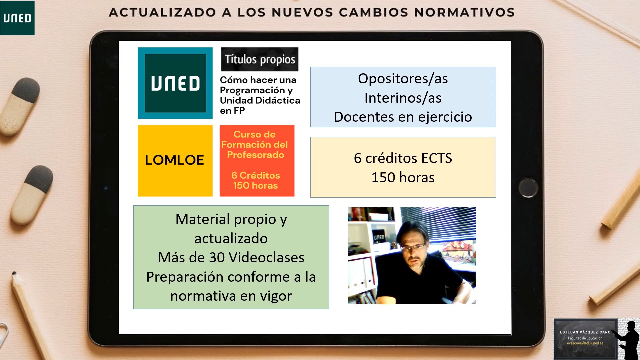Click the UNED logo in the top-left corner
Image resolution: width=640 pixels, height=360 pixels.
[17, 18]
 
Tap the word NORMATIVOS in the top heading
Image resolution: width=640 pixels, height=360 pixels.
[465, 12]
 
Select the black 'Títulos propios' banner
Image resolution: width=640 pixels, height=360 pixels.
[260, 59]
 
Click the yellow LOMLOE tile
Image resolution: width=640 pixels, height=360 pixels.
[175, 161]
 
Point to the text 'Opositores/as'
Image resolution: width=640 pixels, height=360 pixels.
[403, 79]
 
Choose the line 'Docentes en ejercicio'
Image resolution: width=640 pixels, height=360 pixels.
[403, 117]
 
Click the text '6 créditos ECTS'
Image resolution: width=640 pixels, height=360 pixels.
[403, 158]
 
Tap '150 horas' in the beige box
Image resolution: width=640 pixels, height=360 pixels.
[403, 177]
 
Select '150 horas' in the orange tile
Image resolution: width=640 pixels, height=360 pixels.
[255, 185]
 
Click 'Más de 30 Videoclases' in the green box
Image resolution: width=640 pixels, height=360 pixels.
[231, 258]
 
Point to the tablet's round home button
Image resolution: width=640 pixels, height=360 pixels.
[528, 188]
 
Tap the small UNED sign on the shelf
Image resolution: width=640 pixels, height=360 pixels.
[379, 237]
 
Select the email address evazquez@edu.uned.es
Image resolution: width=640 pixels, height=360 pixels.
[585, 343]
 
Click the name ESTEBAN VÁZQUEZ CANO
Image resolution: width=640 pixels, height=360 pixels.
[585, 332]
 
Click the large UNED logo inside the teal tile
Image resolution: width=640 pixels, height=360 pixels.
[175, 83]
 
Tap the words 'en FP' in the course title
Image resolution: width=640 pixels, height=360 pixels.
[232, 111]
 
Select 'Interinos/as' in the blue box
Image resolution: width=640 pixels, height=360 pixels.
[403, 98]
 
